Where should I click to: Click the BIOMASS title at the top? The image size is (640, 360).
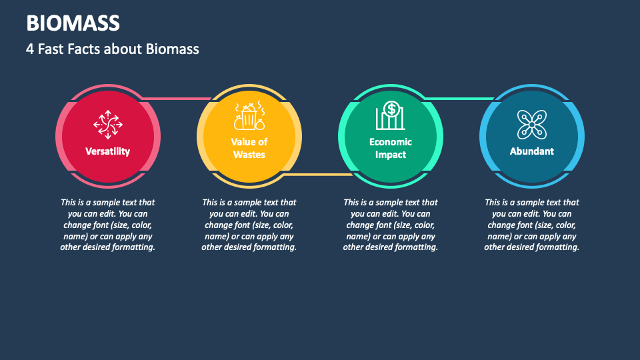tap(73, 23)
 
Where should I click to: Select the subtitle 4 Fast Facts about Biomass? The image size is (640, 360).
tap(113, 49)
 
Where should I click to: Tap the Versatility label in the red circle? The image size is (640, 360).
tap(107, 151)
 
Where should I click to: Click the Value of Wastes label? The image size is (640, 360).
tap(249, 148)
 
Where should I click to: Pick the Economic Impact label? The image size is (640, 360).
tap(391, 148)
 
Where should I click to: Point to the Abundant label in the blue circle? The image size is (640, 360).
tap(531, 151)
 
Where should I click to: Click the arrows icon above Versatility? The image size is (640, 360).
tap(107, 123)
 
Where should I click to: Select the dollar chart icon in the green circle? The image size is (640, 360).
tap(391, 116)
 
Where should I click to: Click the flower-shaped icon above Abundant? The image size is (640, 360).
tap(531, 123)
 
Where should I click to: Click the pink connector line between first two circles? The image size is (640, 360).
tap(177, 99)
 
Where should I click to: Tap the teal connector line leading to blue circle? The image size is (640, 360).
tap(460, 99)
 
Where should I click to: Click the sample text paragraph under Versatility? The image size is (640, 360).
tap(107, 225)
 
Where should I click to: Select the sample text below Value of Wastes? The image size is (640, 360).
tap(249, 225)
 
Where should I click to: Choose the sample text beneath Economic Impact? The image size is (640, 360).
tap(391, 225)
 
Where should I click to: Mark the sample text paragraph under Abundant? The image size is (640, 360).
tap(531, 225)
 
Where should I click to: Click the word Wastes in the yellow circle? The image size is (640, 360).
tap(249, 155)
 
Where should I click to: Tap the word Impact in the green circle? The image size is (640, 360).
tap(391, 155)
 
